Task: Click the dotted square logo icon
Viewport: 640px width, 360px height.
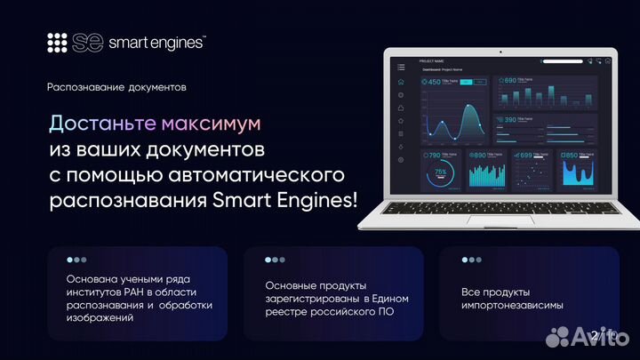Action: point(58,43)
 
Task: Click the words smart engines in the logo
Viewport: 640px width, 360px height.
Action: point(156,43)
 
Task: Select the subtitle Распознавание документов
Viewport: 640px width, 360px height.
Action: point(116,87)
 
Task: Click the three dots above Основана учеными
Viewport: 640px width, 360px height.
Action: point(76,260)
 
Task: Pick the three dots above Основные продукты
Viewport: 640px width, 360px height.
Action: point(275,260)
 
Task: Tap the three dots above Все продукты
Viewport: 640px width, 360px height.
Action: point(471,260)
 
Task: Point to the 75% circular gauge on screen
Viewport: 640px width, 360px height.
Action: point(440,172)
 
